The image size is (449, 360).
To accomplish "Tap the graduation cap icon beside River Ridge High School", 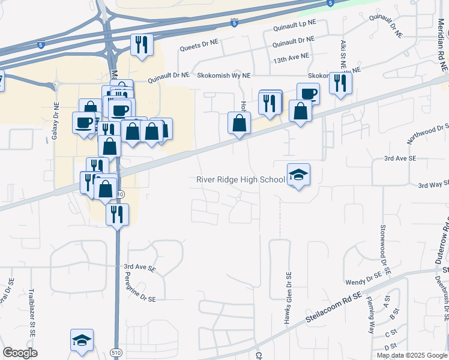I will tap(298, 175).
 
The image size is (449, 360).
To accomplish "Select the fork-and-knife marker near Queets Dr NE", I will tap(142, 45).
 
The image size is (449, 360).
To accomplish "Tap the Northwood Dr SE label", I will tap(428, 134).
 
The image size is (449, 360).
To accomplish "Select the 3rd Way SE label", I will tap(433, 185).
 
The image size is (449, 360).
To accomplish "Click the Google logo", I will tap(20, 353).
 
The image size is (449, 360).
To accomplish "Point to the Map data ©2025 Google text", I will tap(412, 355).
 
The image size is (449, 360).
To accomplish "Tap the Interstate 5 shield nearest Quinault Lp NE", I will tap(234, 23).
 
